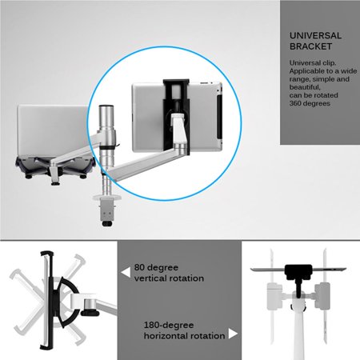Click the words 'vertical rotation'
point(169,278)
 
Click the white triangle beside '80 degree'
point(125,272)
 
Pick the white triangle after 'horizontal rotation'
point(233,334)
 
